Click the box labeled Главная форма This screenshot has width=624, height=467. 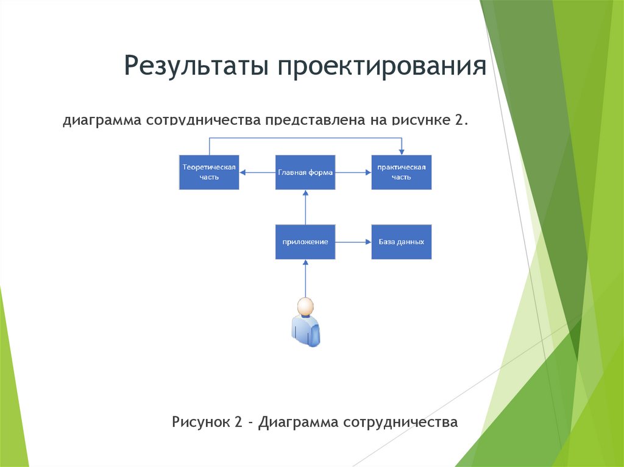305,172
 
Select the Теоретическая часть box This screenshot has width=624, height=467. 209,172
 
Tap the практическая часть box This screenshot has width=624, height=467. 401,172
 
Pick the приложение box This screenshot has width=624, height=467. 305,242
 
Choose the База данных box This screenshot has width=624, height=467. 401,242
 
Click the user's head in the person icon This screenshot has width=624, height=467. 305,306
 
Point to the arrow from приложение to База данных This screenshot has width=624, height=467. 353,242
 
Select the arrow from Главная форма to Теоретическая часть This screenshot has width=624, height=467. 257,172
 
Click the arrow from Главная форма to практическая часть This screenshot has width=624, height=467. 353,172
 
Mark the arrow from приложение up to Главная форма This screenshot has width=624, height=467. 305,207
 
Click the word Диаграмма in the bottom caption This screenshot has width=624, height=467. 297,421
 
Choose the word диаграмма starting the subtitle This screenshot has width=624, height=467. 101,121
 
